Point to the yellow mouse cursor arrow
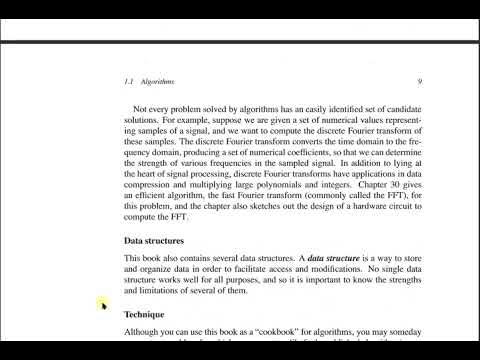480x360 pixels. point(101,304)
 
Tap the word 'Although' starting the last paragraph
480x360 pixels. point(144,332)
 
